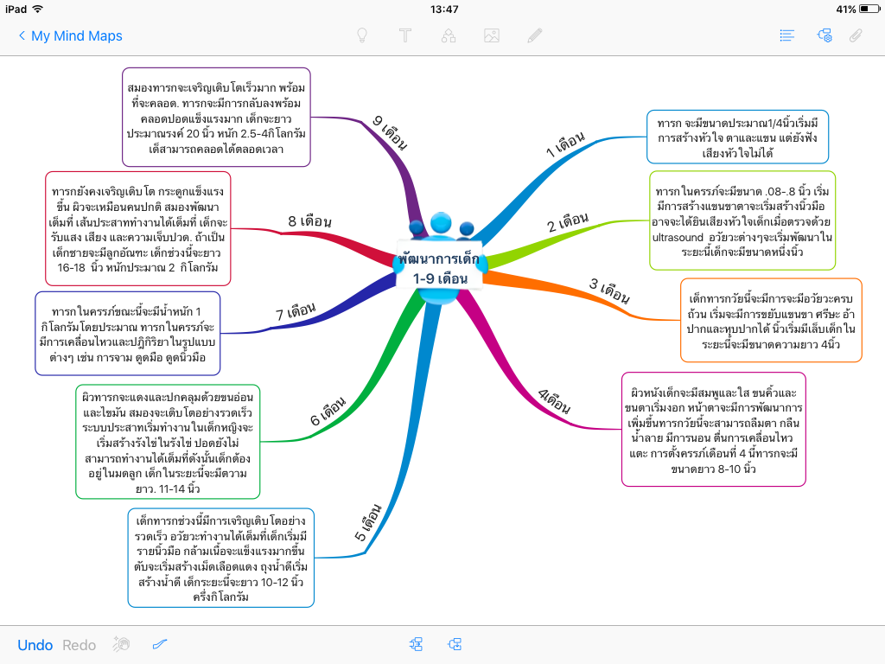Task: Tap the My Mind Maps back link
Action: coord(70,36)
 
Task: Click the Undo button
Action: coord(35,645)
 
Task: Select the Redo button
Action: coord(80,645)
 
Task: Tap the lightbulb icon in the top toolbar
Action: coord(363,35)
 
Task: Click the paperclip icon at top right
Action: coord(856,35)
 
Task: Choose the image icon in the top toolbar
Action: coord(492,35)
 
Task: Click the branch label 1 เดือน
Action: coord(566,144)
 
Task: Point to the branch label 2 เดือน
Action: coord(568,222)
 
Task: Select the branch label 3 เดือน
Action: coord(609,290)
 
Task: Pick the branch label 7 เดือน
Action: coord(296,311)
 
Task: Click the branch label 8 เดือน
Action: coord(309,221)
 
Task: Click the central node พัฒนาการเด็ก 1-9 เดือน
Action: coord(441,268)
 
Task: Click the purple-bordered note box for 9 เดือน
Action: coord(217,118)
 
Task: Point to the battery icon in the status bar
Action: coord(868,10)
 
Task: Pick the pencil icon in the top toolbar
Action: coord(535,35)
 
